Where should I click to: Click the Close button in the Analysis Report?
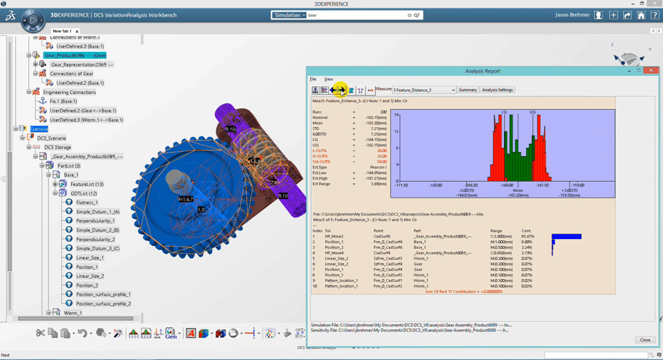click(645, 339)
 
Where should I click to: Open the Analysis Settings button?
click(497, 90)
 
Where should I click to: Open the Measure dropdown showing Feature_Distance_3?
click(424, 90)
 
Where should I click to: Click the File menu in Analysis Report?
click(313, 79)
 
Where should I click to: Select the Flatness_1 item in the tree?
click(86, 202)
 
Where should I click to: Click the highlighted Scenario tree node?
click(39, 129)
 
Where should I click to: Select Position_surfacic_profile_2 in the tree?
click(103, 303)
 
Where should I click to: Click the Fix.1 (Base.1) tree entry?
click(63, 102)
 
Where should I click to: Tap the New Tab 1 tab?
click(62, 31)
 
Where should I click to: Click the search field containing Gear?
click(356, 15)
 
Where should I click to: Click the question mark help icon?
click(653, 15)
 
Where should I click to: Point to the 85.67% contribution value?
click(526, 236)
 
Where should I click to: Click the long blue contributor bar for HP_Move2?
click(566, 236)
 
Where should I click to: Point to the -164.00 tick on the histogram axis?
click(507, 185)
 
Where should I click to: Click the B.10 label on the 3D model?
click(282, 196)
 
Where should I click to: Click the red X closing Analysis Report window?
click(649, 70)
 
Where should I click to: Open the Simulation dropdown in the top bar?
click(289, 15)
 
